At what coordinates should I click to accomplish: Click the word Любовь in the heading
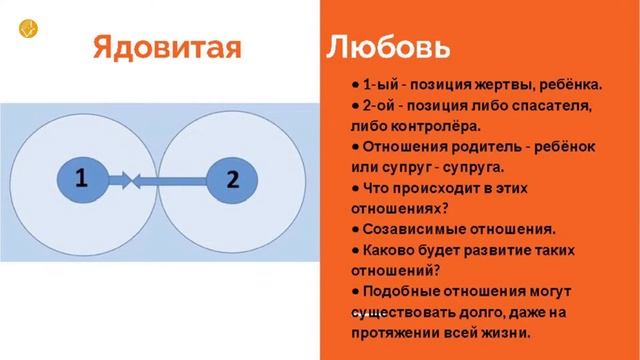[388, 48]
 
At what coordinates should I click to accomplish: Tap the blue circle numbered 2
[231, 181]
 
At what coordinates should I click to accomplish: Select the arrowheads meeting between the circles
[132, 181]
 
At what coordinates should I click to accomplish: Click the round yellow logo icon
[27, 28]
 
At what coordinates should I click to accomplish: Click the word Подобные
[403, 291]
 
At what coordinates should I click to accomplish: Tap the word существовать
[404, 312]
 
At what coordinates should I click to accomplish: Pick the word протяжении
[396, 332]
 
